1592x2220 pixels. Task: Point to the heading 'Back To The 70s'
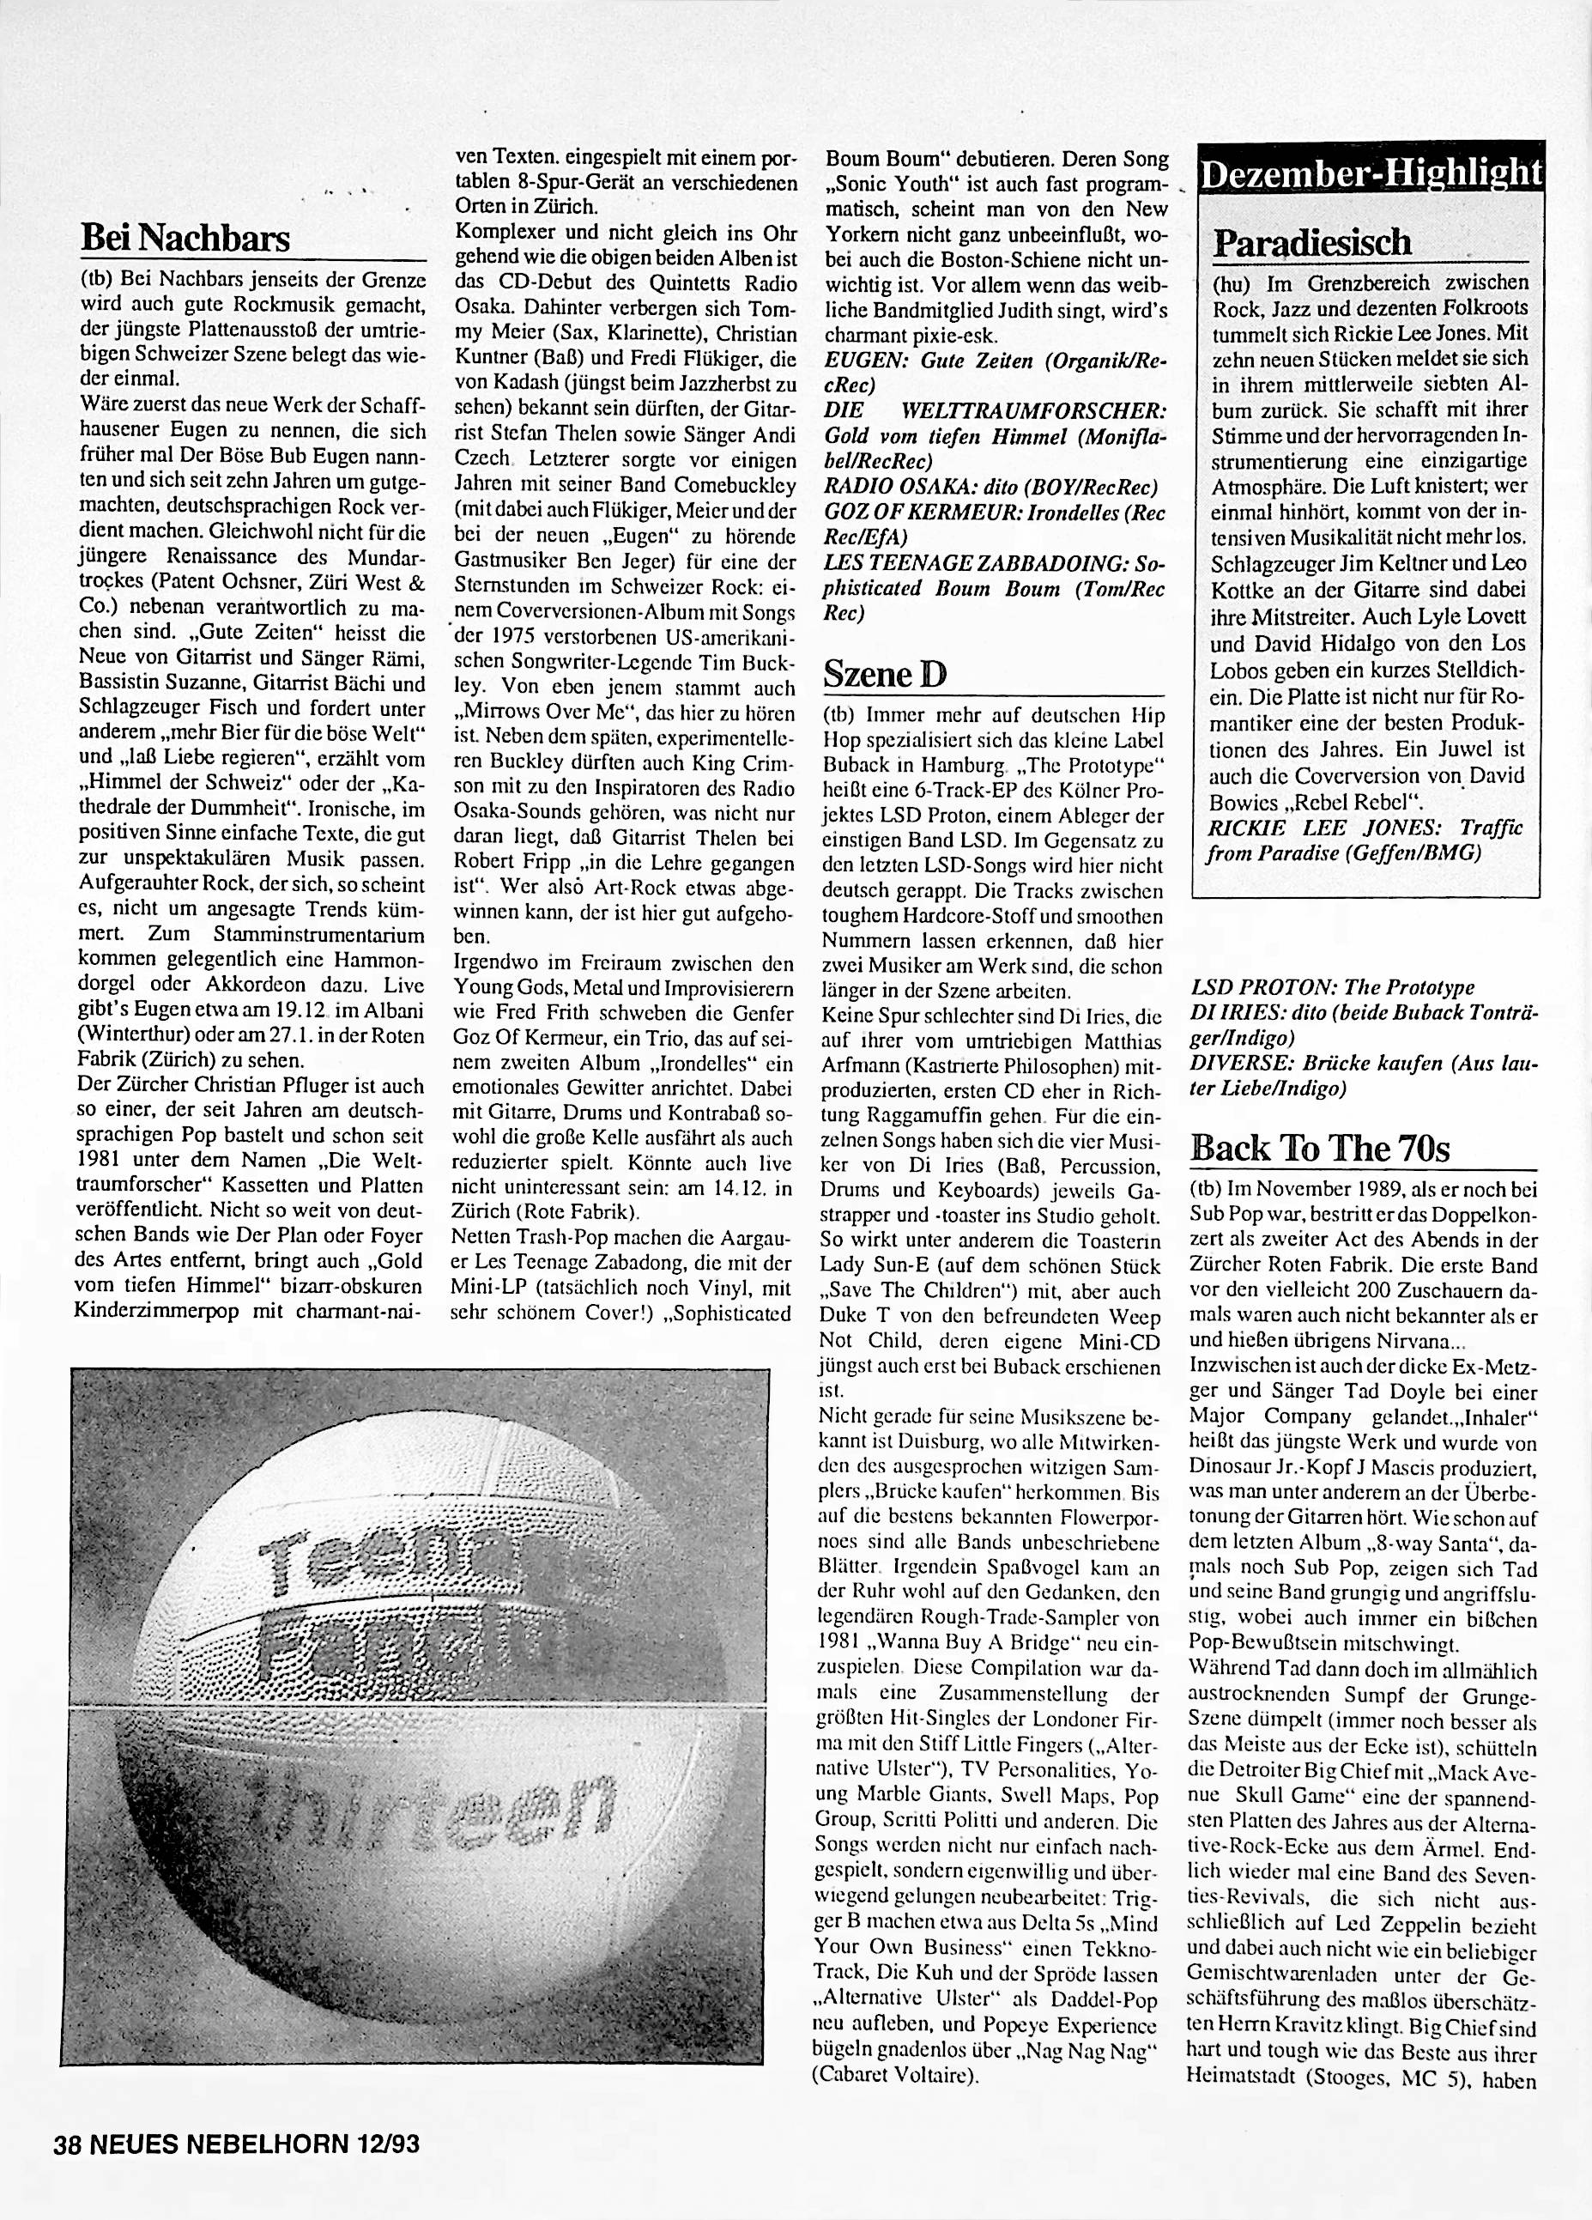tap(1319, 1148)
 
